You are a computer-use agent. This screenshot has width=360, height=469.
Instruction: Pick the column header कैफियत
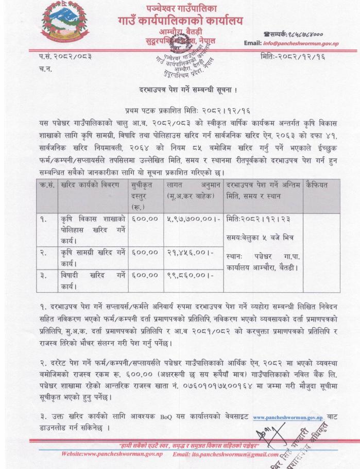[316, 183]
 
